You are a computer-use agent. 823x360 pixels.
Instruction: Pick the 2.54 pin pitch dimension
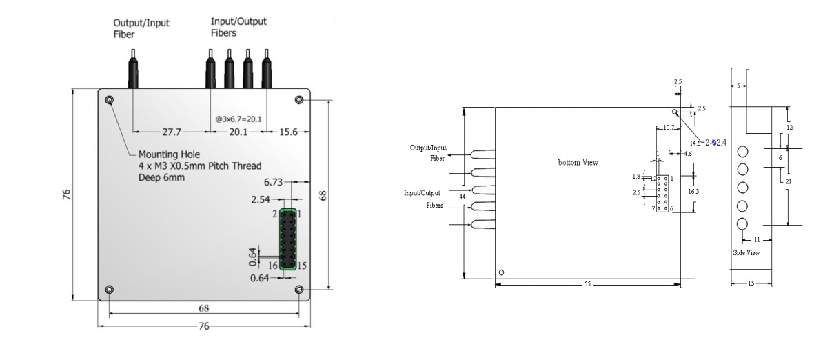[261, 200]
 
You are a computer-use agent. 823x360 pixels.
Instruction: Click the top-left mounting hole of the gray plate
[110, 101]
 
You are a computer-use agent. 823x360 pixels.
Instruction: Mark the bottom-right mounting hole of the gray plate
[299, 289]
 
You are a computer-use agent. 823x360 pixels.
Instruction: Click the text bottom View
[578, 163]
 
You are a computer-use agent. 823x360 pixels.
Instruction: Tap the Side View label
[746, 253]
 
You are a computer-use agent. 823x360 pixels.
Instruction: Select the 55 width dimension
[587, 283]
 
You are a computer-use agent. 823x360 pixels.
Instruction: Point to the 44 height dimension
[461, 197]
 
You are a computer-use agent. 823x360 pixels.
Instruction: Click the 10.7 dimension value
[667, 128]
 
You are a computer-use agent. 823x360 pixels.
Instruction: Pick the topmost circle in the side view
[743, 152]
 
